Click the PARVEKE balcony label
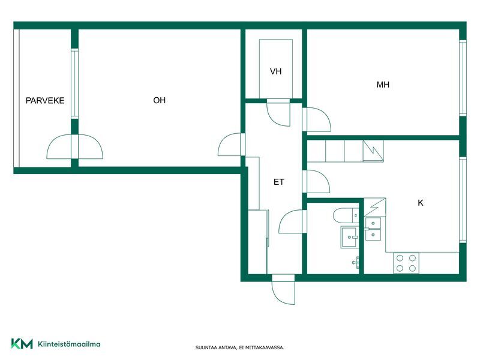point(45,100)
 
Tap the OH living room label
point(159,100)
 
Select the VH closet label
point(275,71)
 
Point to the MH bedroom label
point(383,85)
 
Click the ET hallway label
point(278,182)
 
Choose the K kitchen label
point(421,203)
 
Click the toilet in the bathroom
point(346,215)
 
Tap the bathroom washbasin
point(349,237)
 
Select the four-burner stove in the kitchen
point(406,263)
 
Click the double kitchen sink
point(373,229)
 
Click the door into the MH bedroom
point(317,119)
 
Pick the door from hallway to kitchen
point(316,182)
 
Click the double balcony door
point(74,146)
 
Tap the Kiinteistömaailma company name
point(69,344)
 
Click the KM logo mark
point(22,344)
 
